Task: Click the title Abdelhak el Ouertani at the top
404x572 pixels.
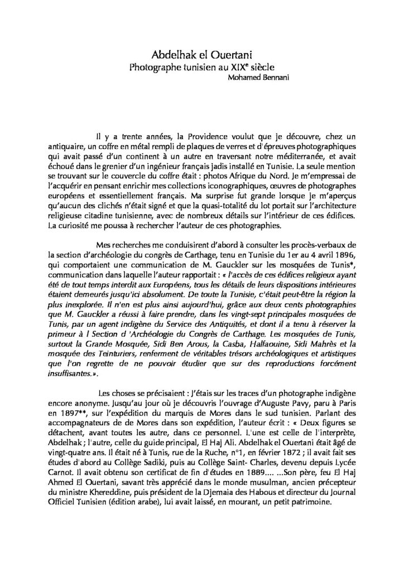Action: coord(202,55)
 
